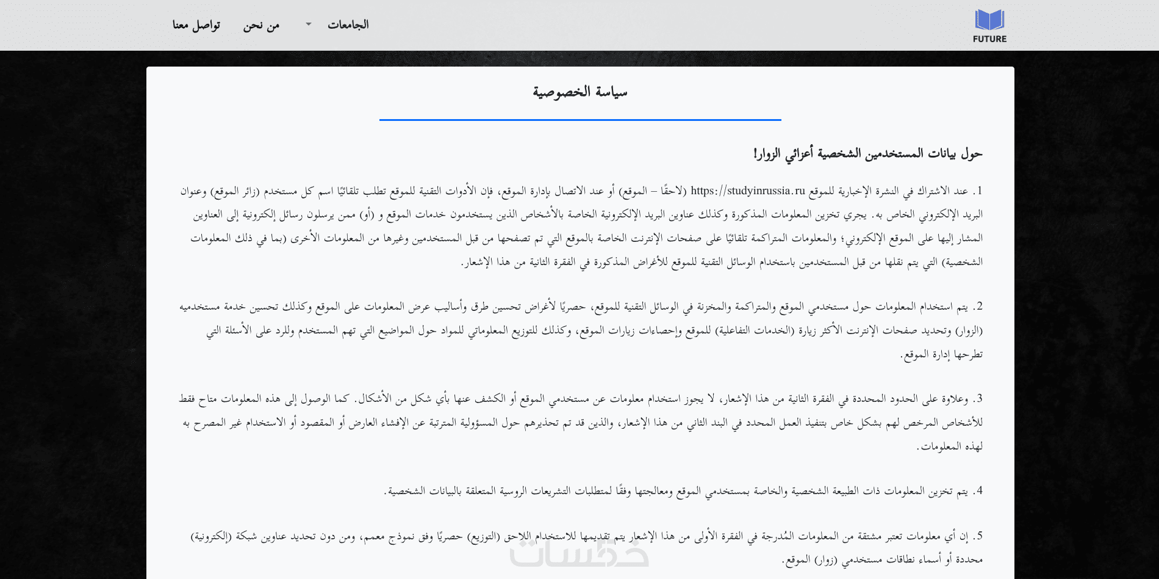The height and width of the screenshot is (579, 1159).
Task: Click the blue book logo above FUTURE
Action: [989, 20]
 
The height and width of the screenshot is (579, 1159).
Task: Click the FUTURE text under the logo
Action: [989, 39]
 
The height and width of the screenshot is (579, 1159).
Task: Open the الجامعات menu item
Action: [348, 25]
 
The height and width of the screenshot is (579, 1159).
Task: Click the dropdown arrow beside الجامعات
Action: [309, 24]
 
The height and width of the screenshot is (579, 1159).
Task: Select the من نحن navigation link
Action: [261, 26]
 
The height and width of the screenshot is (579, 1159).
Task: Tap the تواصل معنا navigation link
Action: [196, 26]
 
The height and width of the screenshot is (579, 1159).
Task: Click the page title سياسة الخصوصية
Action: [579, 92]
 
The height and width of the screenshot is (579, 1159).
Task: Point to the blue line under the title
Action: [579, 120]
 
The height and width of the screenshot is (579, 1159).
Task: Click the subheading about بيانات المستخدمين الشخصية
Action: [867, 154]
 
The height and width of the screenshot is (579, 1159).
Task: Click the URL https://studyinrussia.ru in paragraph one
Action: [748, 191]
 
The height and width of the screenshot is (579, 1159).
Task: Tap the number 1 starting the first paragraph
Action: [980, 191]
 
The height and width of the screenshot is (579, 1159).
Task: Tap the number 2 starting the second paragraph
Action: [980, 307]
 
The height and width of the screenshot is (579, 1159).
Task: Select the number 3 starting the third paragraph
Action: [980, 399]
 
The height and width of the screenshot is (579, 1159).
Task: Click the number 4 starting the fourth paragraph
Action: [980, 491]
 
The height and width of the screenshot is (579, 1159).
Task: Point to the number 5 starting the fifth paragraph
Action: [980, 536]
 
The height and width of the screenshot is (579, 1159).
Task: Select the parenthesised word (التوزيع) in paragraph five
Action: [483, 536]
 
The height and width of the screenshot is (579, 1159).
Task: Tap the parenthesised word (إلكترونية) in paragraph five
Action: [211, 536]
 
